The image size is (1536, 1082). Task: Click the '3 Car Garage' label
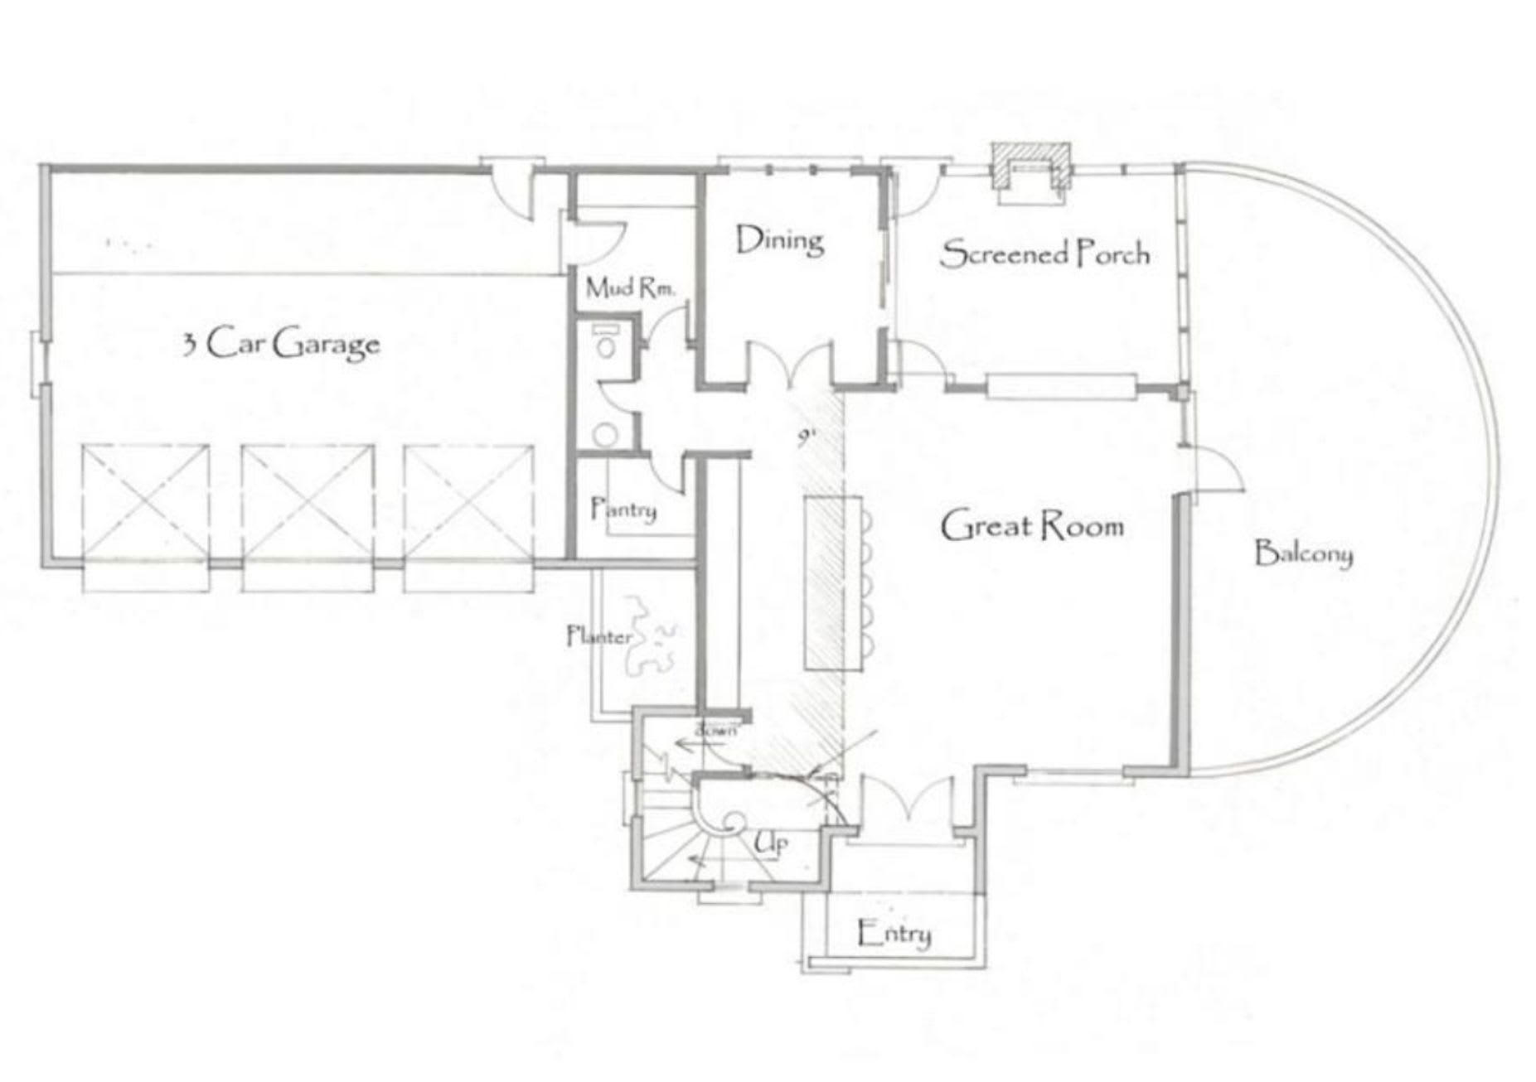(281, 343)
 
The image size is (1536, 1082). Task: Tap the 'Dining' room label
(779, 241)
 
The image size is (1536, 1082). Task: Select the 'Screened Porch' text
(1044, 253)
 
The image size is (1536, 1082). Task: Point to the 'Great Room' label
(1032, 526)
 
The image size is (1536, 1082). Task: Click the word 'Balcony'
(1303, 553)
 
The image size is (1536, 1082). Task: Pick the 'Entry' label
(894, 934)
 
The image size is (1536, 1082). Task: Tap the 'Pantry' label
(623, 509)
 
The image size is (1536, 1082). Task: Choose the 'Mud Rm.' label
(630, 288)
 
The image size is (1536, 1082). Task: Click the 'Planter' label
(598, 636)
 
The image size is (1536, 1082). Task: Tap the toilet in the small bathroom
(607, 343)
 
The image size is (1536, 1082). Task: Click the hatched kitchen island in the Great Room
(832, 582)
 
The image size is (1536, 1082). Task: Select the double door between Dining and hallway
(790, 365)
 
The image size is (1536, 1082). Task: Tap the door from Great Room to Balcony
(1212, 472)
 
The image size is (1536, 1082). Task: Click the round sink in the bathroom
(607, 434)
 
